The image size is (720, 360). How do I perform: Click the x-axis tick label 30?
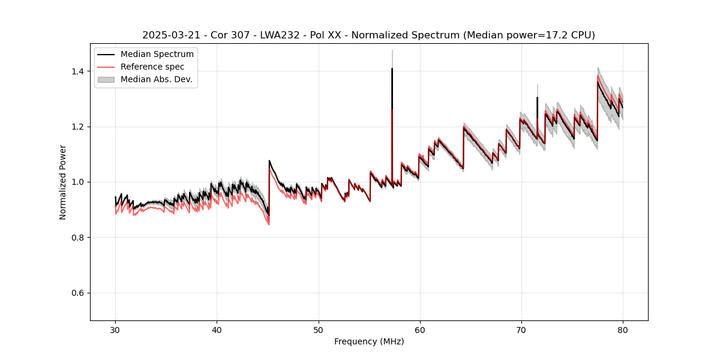pos(115,329)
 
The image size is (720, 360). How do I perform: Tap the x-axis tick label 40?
pos(217,329)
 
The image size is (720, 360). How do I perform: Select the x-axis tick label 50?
pos(319,329)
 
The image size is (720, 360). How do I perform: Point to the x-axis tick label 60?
pos(420,329)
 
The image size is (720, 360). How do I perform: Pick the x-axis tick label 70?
pos(521,329)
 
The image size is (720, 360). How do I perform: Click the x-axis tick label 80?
pos(623,329)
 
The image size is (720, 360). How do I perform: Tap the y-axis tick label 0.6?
pos(79,293)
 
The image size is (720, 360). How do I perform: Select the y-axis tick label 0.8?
pos(79,238)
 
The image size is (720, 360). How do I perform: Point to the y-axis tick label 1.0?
pos(79,182)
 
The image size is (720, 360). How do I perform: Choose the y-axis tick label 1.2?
pos(79,127)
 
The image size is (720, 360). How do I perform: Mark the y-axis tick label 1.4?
pos(79,71)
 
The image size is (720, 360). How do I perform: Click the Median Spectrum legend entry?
pos(157,55)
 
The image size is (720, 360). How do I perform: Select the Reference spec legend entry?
pos(152,67)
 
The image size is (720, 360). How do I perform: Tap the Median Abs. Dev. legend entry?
pos(156,79)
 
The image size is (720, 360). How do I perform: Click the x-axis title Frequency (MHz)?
pos(369,341)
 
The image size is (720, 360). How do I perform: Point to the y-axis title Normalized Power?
pos(63,182)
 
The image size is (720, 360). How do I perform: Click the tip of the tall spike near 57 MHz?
pos(392,68)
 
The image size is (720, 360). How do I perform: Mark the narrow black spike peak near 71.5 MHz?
pos(537,97)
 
